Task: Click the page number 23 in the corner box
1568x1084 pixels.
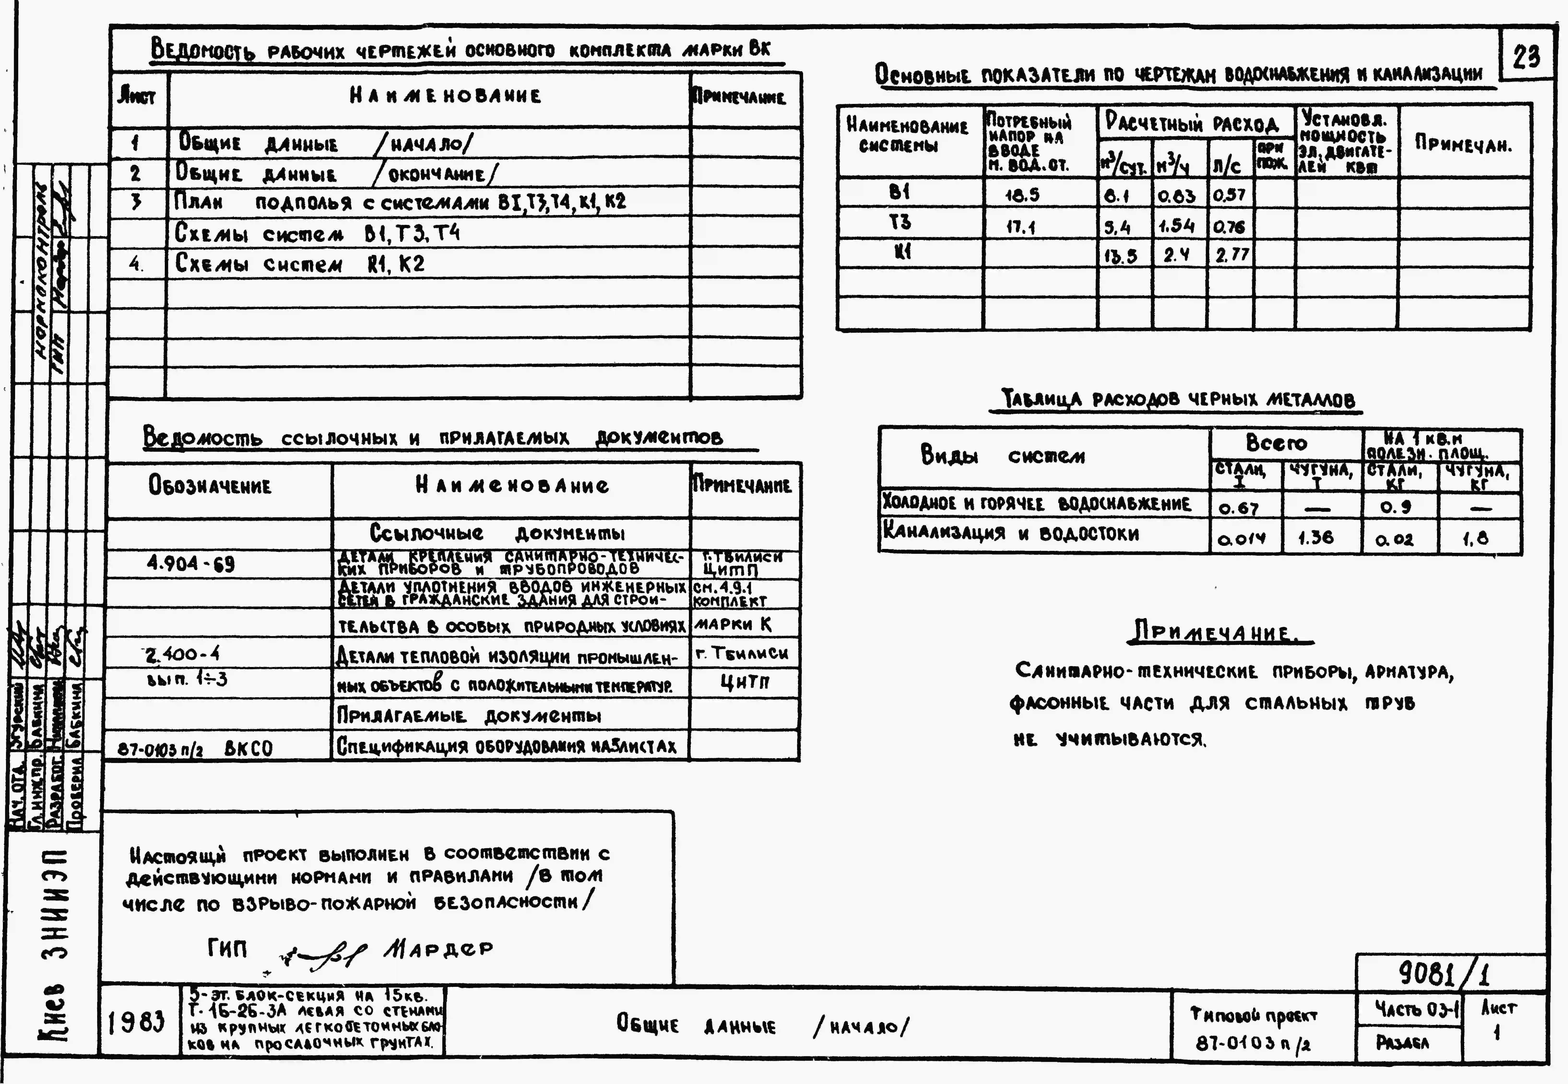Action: [x=1526, y=56]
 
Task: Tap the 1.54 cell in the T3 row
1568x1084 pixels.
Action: [x=1177, y=226]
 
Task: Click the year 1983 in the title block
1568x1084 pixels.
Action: [x=136, y=1022]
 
